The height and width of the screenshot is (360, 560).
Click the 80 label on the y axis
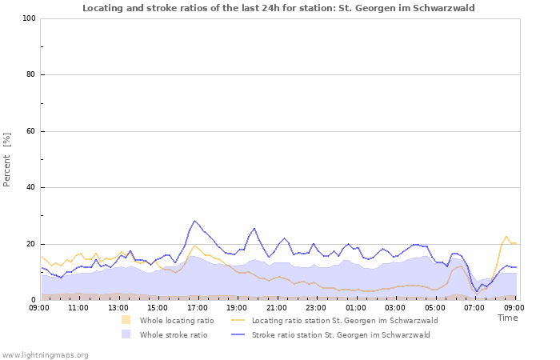[31, 75]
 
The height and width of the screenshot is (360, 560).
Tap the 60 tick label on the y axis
[31, 131]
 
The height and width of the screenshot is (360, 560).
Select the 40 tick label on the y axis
[31, 188]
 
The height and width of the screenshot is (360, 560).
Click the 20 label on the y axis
[31, 244]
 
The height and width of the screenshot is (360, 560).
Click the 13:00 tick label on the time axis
[118, 307]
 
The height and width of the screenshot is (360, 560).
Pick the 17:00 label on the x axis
[197, 307]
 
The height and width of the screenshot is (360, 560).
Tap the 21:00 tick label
[276, 307]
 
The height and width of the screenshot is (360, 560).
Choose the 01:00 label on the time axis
[355, 307]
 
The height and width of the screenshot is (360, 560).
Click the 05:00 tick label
[434, 307]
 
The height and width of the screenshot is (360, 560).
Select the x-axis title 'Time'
[508, 318]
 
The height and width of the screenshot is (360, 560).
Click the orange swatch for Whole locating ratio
[126, 320]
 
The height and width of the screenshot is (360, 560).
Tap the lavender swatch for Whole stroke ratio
[126, 334]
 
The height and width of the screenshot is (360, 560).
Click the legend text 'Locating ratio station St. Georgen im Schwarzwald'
[345, 320]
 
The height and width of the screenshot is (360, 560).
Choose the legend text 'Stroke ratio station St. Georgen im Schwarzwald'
[341, 334]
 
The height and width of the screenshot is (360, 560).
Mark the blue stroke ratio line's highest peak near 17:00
[194, 221]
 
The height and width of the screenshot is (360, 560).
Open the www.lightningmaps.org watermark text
[45, 354]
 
